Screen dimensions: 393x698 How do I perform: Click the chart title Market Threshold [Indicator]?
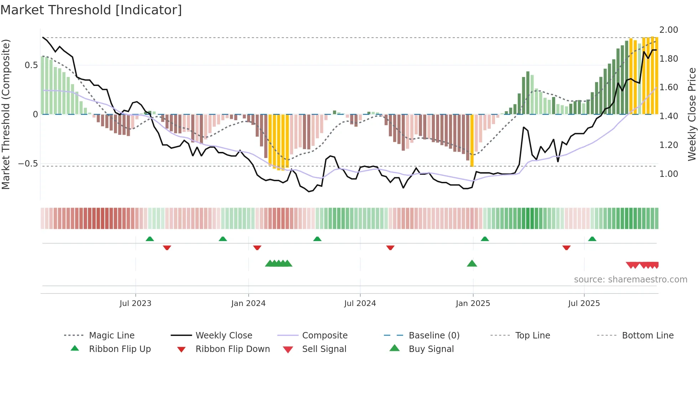(91, 10)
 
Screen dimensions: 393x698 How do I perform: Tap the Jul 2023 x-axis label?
(135, 303)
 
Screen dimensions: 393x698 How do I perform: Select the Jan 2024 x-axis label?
(248, 303)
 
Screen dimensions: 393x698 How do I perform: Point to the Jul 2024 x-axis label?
(360, 303)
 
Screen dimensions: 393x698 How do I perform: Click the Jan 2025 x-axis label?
(473, 303)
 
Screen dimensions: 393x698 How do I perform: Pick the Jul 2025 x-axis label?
(584, 303)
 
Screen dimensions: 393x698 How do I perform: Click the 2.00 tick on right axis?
(668, 30)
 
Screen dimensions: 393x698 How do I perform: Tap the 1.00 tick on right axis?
(668, 174)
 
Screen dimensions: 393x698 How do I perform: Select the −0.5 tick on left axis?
(28, 164)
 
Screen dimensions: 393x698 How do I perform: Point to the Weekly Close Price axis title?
(692, 114)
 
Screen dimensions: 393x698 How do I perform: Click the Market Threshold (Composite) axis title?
(6, 114)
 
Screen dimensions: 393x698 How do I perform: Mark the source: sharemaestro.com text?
(630, 280)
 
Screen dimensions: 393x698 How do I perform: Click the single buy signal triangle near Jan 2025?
(472, 264)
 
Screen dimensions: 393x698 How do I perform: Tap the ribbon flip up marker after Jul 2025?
(592, 239)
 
